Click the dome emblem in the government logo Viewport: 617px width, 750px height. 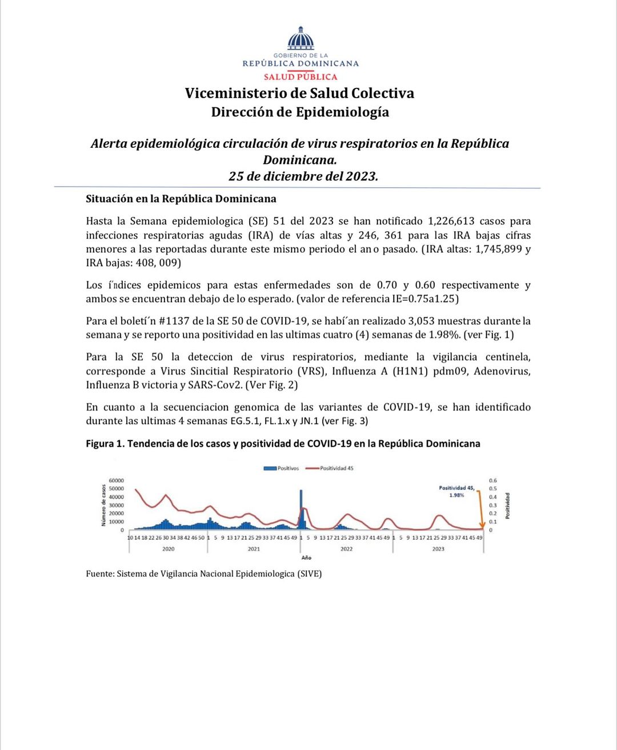coord(301,39)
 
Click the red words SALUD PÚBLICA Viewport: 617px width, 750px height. coord(301,76)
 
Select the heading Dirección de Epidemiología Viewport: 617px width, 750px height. coord(300,112)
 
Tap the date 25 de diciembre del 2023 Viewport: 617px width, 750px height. coord(303,176)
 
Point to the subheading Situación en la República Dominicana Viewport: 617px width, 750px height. coord(181,199)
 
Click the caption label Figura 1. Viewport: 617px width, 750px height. coord(105,443)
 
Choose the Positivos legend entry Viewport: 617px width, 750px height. coord(282,468)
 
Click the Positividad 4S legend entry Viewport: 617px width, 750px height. coord(330,468)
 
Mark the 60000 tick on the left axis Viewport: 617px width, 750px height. coord(116,481)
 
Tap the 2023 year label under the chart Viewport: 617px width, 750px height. coord(438,549)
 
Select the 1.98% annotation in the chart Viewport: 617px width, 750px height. coord(456,495)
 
